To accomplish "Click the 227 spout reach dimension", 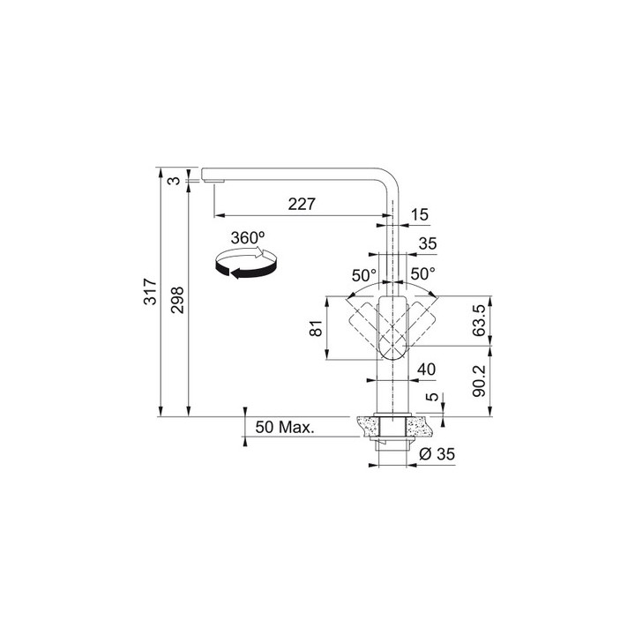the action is point(302,204).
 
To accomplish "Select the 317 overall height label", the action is point(151,291).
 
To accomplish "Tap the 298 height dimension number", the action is point(177,300).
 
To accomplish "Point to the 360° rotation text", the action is point(248,238).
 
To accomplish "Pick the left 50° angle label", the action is point(363,276).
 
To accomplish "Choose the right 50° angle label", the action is point(422,274).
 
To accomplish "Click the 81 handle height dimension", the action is point(316,327).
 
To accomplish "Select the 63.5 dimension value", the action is point(478,321).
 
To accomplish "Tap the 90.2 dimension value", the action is point(479,381).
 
